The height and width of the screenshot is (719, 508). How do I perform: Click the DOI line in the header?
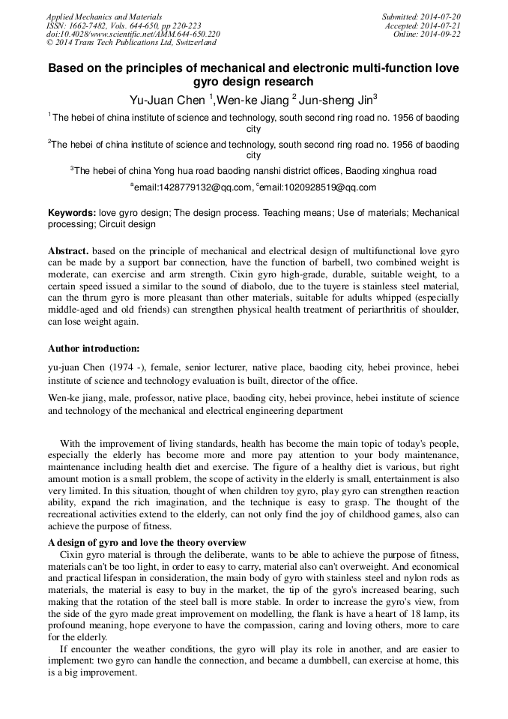click(x=133, y=34)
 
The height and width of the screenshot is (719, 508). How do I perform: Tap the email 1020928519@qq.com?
click(x=318, y=187)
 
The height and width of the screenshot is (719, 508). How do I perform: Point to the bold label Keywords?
click(x=72, y=213)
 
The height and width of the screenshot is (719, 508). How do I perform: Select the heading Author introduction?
click(x=94, y=349)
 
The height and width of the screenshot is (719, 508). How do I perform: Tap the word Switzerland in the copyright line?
click(x=193, y=43)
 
